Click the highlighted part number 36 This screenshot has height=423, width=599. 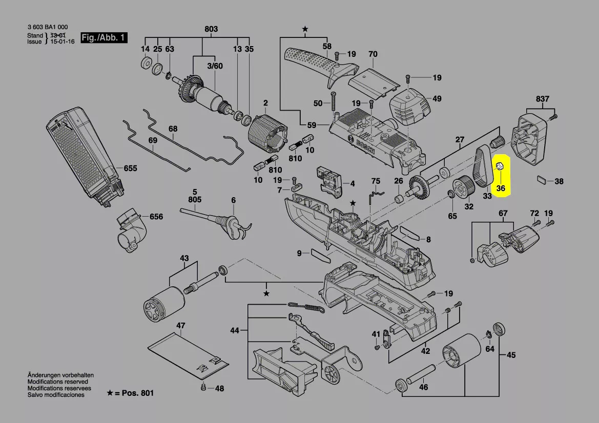pyautogui.click(x=501, y=188)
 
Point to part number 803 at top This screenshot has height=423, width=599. pyautogui.click(x=211, y=29)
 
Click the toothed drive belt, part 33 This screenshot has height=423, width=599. pyautogui.click(x=483, y=166)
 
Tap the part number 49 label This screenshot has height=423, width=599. pyautogui.click(x=437, y=99)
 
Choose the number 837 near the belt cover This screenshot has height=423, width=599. pyautogui.click(x=542, y=99)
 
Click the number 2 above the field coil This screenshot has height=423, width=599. pyautogui.click(x=265, y=103)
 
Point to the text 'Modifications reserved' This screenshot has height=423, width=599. pyautogui.click(x=57, y=382)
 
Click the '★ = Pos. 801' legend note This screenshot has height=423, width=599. pyautogui.click(x=130, y=393)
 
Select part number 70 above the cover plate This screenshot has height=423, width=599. pyautogui.click(x=373, y=54)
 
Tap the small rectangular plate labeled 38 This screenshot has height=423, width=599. pyautogui.click(x=542, y=180)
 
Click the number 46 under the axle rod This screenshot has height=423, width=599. pyautogui.click(x=423, y=387)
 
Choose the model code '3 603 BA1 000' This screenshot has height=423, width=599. pyautogui.click(x=47, y=27)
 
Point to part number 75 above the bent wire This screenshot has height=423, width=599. pyautogui.click(x=376, y=181)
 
